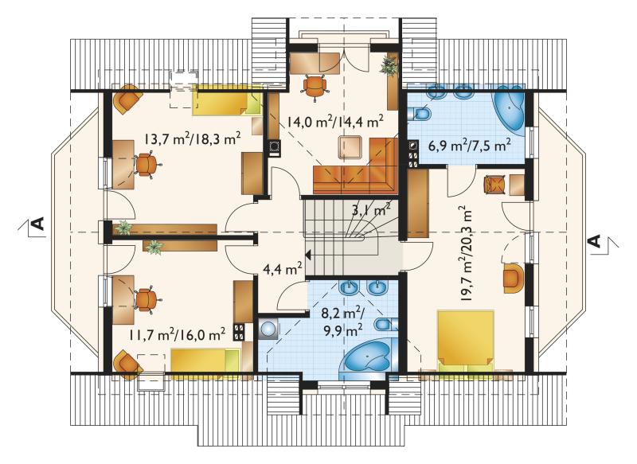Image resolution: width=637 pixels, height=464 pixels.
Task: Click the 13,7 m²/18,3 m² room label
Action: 192,139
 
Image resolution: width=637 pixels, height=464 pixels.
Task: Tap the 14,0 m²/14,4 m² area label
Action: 335,121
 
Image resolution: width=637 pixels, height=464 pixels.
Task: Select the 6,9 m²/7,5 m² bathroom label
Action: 470,145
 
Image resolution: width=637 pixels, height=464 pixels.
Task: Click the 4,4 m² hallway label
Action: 283,269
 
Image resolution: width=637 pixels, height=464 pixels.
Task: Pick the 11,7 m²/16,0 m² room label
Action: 178,335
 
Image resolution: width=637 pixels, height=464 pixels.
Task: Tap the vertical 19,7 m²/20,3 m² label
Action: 466,253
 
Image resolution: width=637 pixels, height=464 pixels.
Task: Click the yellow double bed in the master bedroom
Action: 466,340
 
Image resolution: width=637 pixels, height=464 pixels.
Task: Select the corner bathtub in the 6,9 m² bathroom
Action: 508,108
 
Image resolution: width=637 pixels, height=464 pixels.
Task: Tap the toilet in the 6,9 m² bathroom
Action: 420,113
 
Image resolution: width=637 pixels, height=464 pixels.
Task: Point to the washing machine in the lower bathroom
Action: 268,329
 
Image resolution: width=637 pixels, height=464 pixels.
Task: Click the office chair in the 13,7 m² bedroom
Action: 147,164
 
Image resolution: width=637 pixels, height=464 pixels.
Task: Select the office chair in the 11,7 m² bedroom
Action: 147,300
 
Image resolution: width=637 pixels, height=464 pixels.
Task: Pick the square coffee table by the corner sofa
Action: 350,148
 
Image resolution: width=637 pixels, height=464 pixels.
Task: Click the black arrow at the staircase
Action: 307,255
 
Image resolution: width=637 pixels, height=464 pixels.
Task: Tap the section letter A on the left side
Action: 37,224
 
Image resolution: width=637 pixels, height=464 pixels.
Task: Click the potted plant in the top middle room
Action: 389,65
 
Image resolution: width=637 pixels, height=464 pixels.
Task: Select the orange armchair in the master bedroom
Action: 513,278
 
